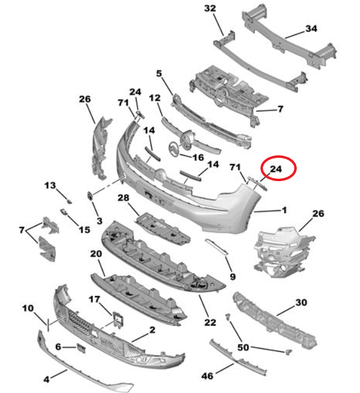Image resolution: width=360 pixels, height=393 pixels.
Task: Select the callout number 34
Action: pyautogui.click(x=311, y=29)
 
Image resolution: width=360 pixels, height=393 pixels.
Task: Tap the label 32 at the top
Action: pyautogui.click(x=210, y=8)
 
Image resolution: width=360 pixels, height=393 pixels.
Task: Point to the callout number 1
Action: pyautogui.click(x=284, y=210)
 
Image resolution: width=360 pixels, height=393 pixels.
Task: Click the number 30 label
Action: pyautogui.click(x=300, y=302)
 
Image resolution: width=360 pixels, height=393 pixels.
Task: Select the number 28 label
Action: pyautogui.click(x=123, y=197)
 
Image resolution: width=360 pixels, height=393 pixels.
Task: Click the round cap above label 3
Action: pyautogui.click(x=90, y=196)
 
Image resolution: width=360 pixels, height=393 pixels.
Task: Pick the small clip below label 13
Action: pyautogui.click(x=69, y=200)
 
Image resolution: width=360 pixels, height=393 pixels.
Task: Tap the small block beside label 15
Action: pyautogui.click(x=65, y=212)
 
